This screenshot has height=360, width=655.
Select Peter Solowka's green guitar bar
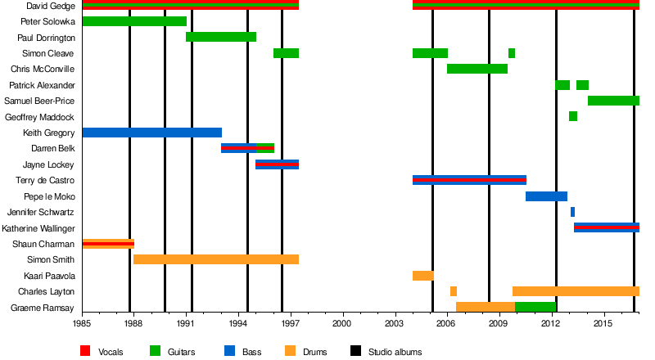coord(134,21)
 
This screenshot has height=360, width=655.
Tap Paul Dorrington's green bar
coord(221,37)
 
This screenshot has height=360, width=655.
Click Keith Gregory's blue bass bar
coord(151,133)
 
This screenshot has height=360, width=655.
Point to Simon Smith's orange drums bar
coord(216,259)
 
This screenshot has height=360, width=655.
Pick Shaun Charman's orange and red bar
coord(108,244)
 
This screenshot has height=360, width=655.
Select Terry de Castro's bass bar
coord(469,180)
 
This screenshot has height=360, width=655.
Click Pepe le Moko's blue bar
coord(546,196)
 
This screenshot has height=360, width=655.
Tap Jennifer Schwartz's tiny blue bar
coord(572,212)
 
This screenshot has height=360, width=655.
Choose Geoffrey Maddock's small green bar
coord(573,116)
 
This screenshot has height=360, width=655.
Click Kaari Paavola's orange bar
coord(422,276)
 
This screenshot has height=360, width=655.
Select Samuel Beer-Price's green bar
coord(613,101)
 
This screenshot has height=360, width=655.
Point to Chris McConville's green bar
coord(477,69)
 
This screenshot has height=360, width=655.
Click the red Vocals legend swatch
coord(85,351)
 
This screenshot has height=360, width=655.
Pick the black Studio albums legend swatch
coord(355,351)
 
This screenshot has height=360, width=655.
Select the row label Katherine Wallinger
coord(39,228)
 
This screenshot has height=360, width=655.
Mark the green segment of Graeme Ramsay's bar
coord(535,308)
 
